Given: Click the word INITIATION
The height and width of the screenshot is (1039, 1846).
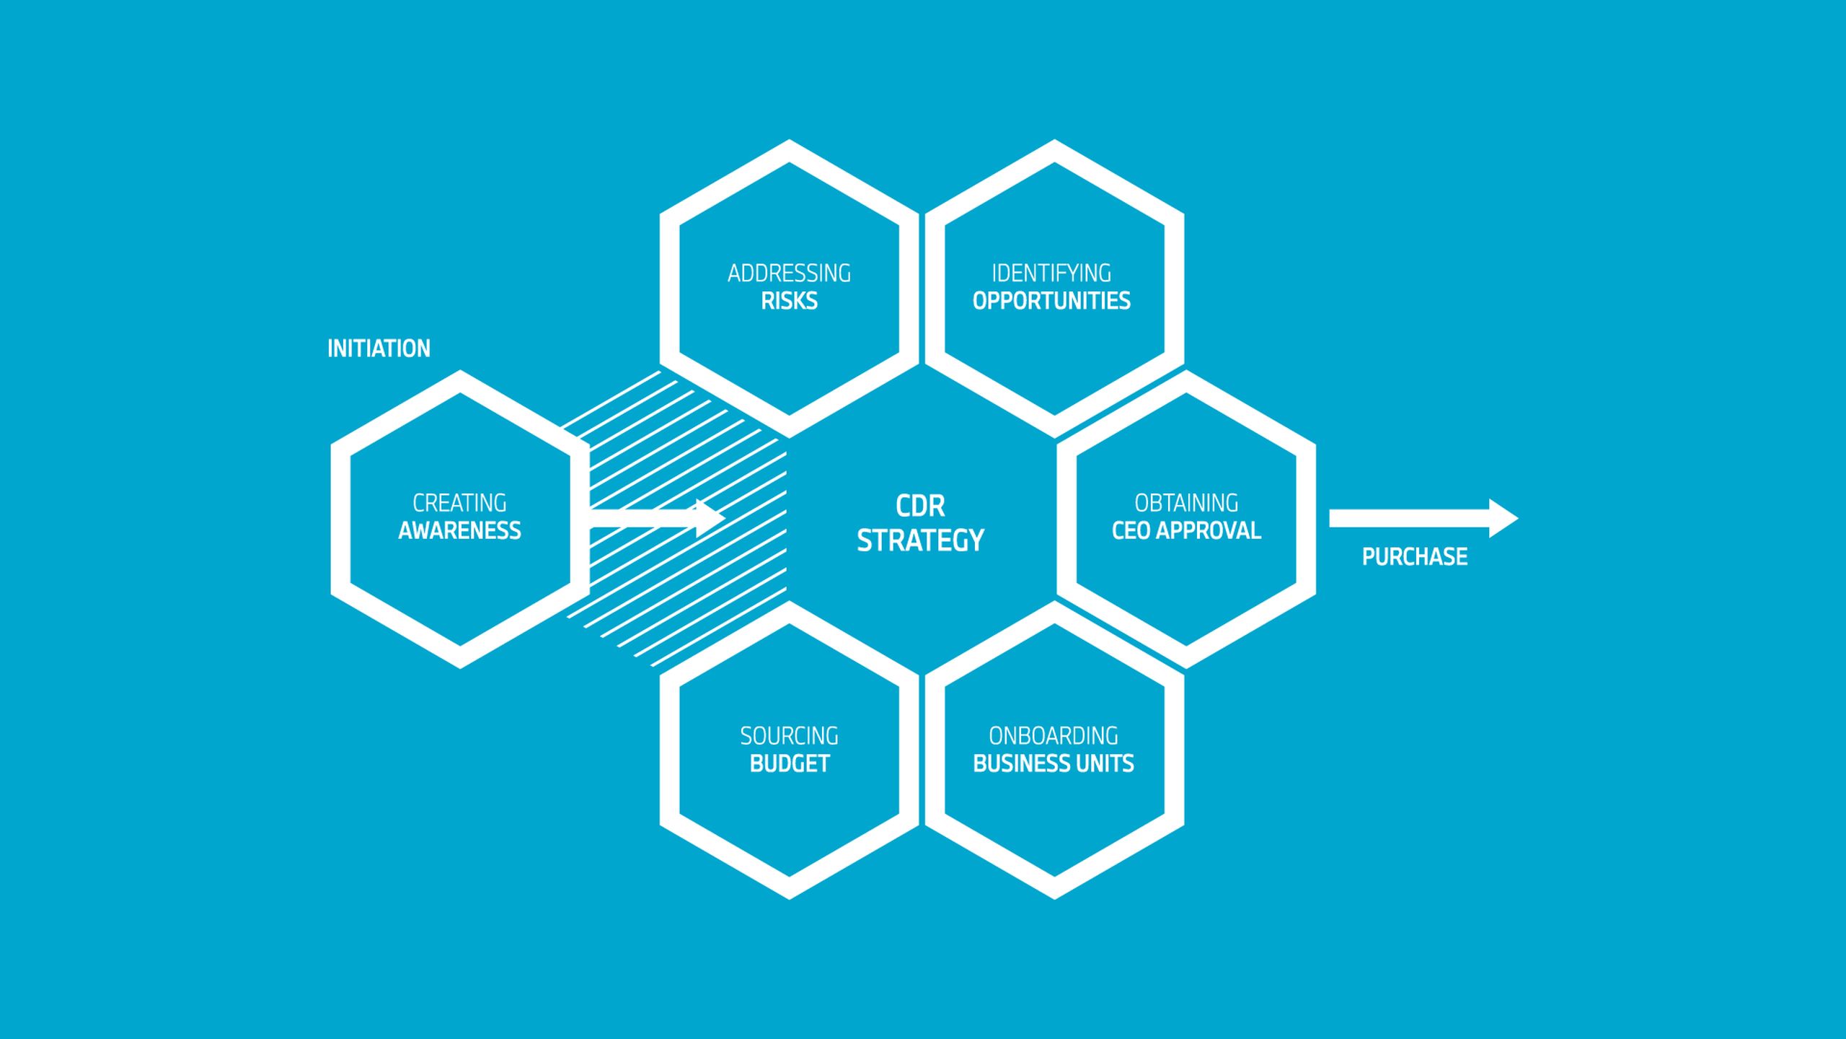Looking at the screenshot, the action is (x=379, y=348).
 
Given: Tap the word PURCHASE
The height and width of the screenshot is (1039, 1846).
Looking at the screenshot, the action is (x=1414, y=556).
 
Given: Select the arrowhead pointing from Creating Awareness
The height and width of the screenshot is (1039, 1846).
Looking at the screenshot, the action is (x=710, y=517).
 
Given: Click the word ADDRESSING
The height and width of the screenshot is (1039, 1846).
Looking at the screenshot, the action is (x=789, y=273).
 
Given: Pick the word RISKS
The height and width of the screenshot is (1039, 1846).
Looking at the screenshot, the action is (x=789, y=301).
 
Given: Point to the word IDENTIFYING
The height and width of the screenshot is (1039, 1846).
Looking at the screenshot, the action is (x=1051, y=273).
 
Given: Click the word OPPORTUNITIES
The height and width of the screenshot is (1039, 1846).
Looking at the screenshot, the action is (x=1051, y=301).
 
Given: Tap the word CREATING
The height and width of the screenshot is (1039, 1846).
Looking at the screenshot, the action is (x=459, y=503).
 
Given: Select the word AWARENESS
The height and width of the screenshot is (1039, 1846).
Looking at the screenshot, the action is (x=459, y=530).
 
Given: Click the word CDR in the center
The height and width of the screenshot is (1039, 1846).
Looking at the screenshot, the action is (x=920, y=506).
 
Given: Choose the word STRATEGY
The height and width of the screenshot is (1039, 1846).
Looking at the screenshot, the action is (x=920, y=540).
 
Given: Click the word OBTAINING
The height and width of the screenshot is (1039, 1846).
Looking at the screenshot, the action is (x=1186, y=503).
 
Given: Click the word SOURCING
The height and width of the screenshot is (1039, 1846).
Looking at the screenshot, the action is (x=789, y=736).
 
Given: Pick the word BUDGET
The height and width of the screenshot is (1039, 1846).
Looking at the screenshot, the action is (x=789, y=763).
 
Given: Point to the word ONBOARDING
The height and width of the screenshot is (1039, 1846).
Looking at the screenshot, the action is (x=1054, y=736).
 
